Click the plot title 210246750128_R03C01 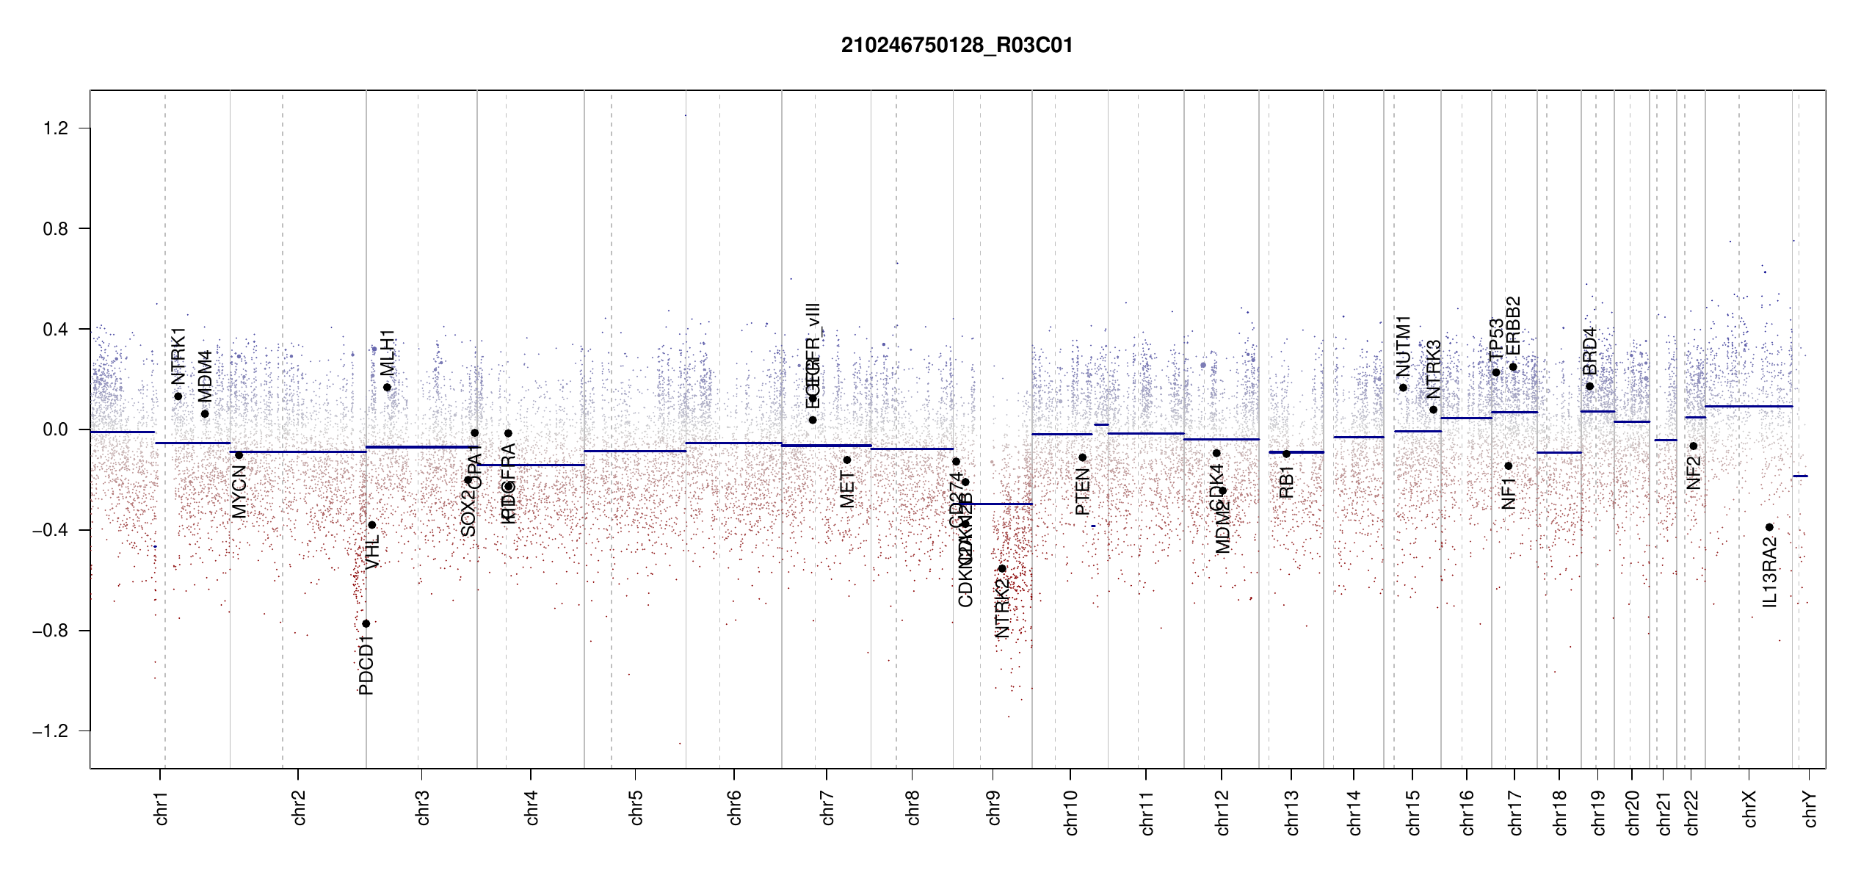pyautogui.click(x=957, y=46)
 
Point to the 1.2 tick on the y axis pyautogui.click(x=55, y=128)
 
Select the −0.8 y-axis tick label pyautogui.click(x=50, y=631)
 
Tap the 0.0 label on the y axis pyautogui.click(x=55, y=429)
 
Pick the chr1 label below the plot pyautogui.click(x=161, y=808)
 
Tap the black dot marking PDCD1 pyautogui.click(x=366, y=624)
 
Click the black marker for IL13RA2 pyautogui.click(x=1769, y=527)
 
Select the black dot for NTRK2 pyautogui.click(x=1002, y=569)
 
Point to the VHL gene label pyautogui.click(x=373, y=552)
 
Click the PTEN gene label pyautogui.click(x=1082, y=493)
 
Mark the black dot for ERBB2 pyautogui.click(x=1513, y=367)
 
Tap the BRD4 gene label pyautogui.click(x=1589, y=351)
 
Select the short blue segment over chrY pyautogui.click(x=1800, y=476)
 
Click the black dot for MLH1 pyautogui.click(x=387, y=388)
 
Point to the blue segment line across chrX pyautogui.click(x=1747, y=407)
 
